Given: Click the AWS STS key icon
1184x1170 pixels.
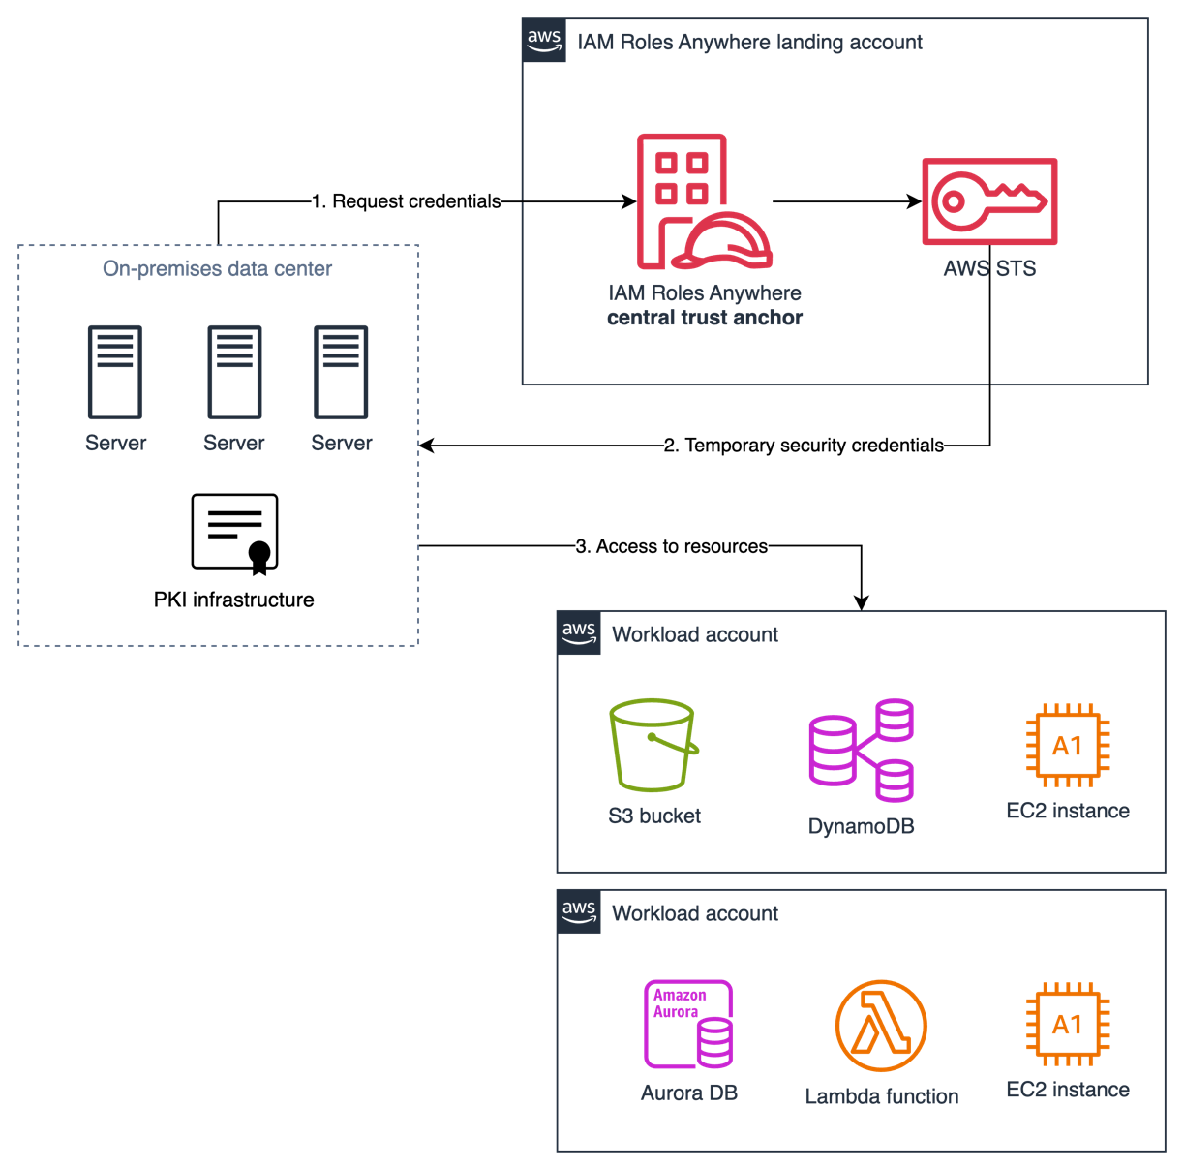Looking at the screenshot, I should click(x=988, y=200).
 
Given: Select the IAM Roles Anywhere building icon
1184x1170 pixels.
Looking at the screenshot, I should click(x=704, y=201).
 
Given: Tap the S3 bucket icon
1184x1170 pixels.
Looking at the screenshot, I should click(x=653, y=745).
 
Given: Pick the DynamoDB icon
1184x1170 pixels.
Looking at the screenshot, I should click(x=861, y=750).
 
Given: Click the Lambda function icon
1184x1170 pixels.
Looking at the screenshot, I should click(x=881, y=1026).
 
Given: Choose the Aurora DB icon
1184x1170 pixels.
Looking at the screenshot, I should click(x=688, y=1024).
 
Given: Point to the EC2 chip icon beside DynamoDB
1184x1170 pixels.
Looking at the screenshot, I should click(x=1067, y=745).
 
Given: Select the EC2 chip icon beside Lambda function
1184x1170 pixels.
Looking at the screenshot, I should click(x=1067, y=1024).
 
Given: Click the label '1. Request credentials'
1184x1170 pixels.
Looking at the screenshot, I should click(x=406, y=201).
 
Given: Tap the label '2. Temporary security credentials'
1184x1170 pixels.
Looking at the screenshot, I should click(x=804, y=446).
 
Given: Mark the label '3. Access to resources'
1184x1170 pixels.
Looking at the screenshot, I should click(x=672, y=546).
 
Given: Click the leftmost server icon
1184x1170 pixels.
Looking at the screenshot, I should click(x=115, y=372).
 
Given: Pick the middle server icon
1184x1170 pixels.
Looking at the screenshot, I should click(x=234, y=372).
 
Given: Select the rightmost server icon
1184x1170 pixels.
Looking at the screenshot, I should click(x=341, y=372).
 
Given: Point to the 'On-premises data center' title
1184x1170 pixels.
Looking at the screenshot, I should click(x=218, y=269).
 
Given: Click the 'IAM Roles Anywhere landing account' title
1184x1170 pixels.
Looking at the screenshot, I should click(x=749, y=43).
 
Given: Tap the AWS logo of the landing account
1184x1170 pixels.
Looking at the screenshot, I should click(x=543, y=41).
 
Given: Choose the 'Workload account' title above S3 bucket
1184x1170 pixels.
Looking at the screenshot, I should click(x=695, y=634).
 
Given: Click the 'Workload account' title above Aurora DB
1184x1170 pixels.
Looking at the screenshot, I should click(x=695, y=913).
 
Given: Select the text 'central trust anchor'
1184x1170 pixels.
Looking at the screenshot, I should click(x=705, y=318).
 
